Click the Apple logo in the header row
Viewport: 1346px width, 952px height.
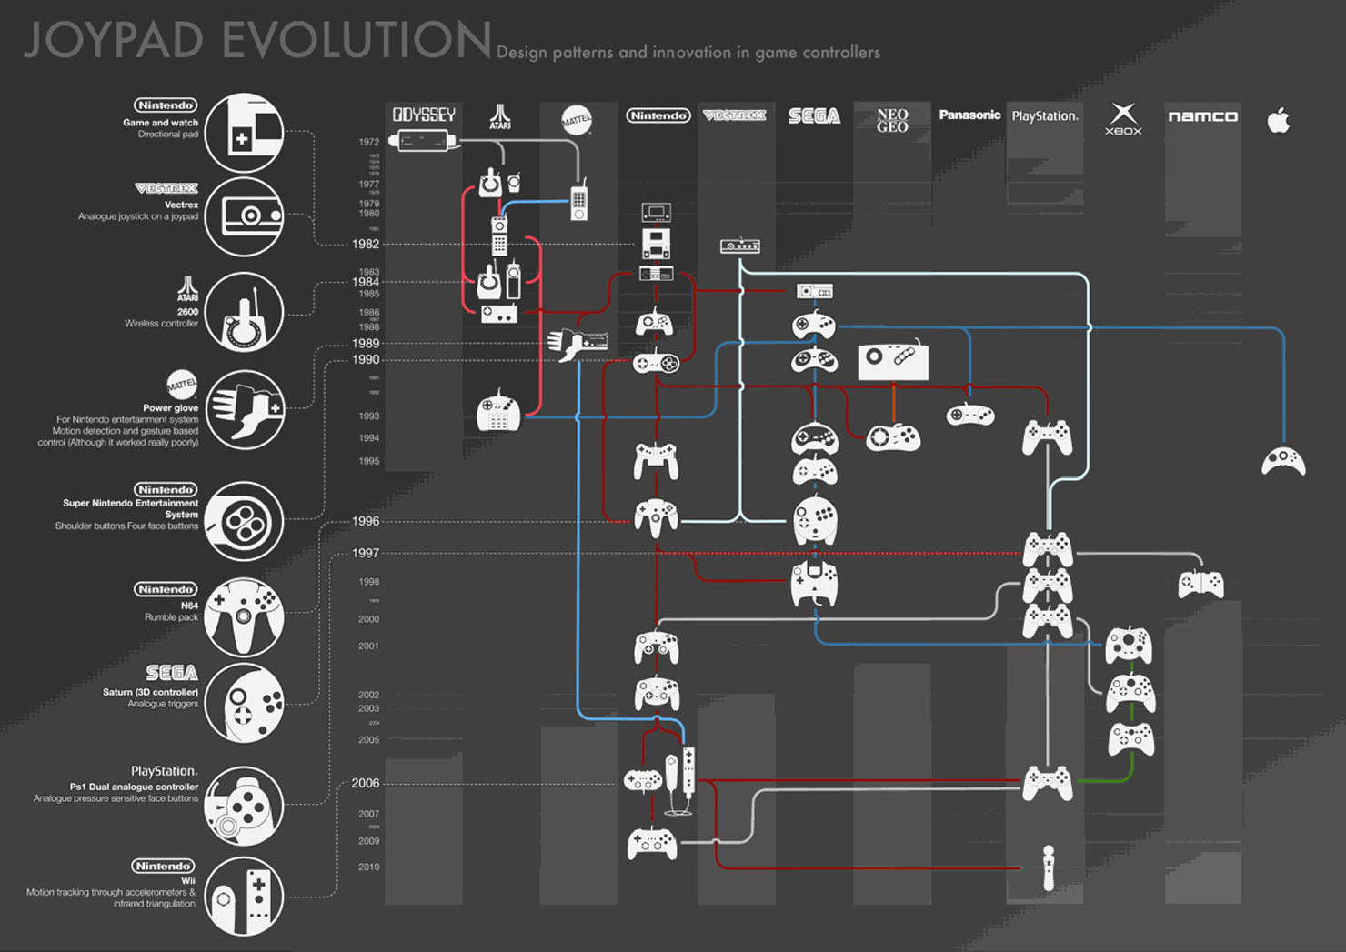[x=1279, y=120]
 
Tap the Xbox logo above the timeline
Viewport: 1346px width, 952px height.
[x=1123, y=118]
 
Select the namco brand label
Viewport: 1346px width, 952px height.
[x=1202, y=116]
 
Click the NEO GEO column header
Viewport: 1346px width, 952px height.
[x=892, y=120]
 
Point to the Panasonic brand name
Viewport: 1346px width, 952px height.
[x=969, y=115]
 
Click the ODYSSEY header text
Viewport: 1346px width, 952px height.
[x=424, y=115]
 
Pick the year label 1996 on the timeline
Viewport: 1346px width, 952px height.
[x=366, y=521]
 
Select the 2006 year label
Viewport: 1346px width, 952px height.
[x=365, y=783]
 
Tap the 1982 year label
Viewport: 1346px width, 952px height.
[x=366, y=244]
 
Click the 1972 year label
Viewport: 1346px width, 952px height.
[x=368, y=142]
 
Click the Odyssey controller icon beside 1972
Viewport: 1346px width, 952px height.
[x=423, y=141]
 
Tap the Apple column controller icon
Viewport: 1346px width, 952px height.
[x=1283, y=461]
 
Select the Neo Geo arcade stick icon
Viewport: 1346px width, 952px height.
[x=893, y=361]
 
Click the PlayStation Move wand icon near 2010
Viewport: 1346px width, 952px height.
[x=1049, y=867]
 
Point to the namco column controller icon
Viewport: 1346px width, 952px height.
[x=1200, y=584]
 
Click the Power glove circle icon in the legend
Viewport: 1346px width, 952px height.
[x=244, y=409]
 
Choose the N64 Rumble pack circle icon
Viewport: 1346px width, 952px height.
[x=244, y=616]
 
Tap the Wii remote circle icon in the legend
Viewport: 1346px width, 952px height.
[x=244, y=896]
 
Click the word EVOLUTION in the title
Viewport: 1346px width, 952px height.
[x=356, y=41]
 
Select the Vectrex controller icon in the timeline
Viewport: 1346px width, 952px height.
[x=739, y=246]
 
